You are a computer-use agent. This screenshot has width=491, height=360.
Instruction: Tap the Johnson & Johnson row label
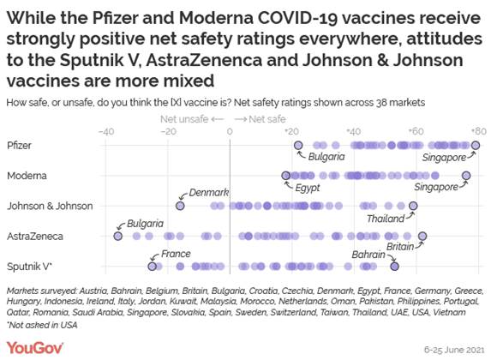point(47,206)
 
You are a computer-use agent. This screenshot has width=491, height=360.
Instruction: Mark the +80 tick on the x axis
point(476,132)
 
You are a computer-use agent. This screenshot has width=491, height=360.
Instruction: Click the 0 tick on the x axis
point(230,132)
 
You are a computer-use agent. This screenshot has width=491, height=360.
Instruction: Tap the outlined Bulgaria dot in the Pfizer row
point(299,146)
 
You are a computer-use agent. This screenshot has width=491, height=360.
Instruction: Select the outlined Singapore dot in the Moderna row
point(466,176)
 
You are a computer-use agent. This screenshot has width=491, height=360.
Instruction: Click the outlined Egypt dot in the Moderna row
point(286,176)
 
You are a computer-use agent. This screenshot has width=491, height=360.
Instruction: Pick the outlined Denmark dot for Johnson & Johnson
point(181,206)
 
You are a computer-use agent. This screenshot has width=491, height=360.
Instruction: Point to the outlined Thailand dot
point(413,206)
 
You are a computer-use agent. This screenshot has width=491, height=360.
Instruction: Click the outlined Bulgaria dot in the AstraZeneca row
point(118,236)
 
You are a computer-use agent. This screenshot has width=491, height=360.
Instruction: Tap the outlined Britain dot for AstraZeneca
point(422,236)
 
